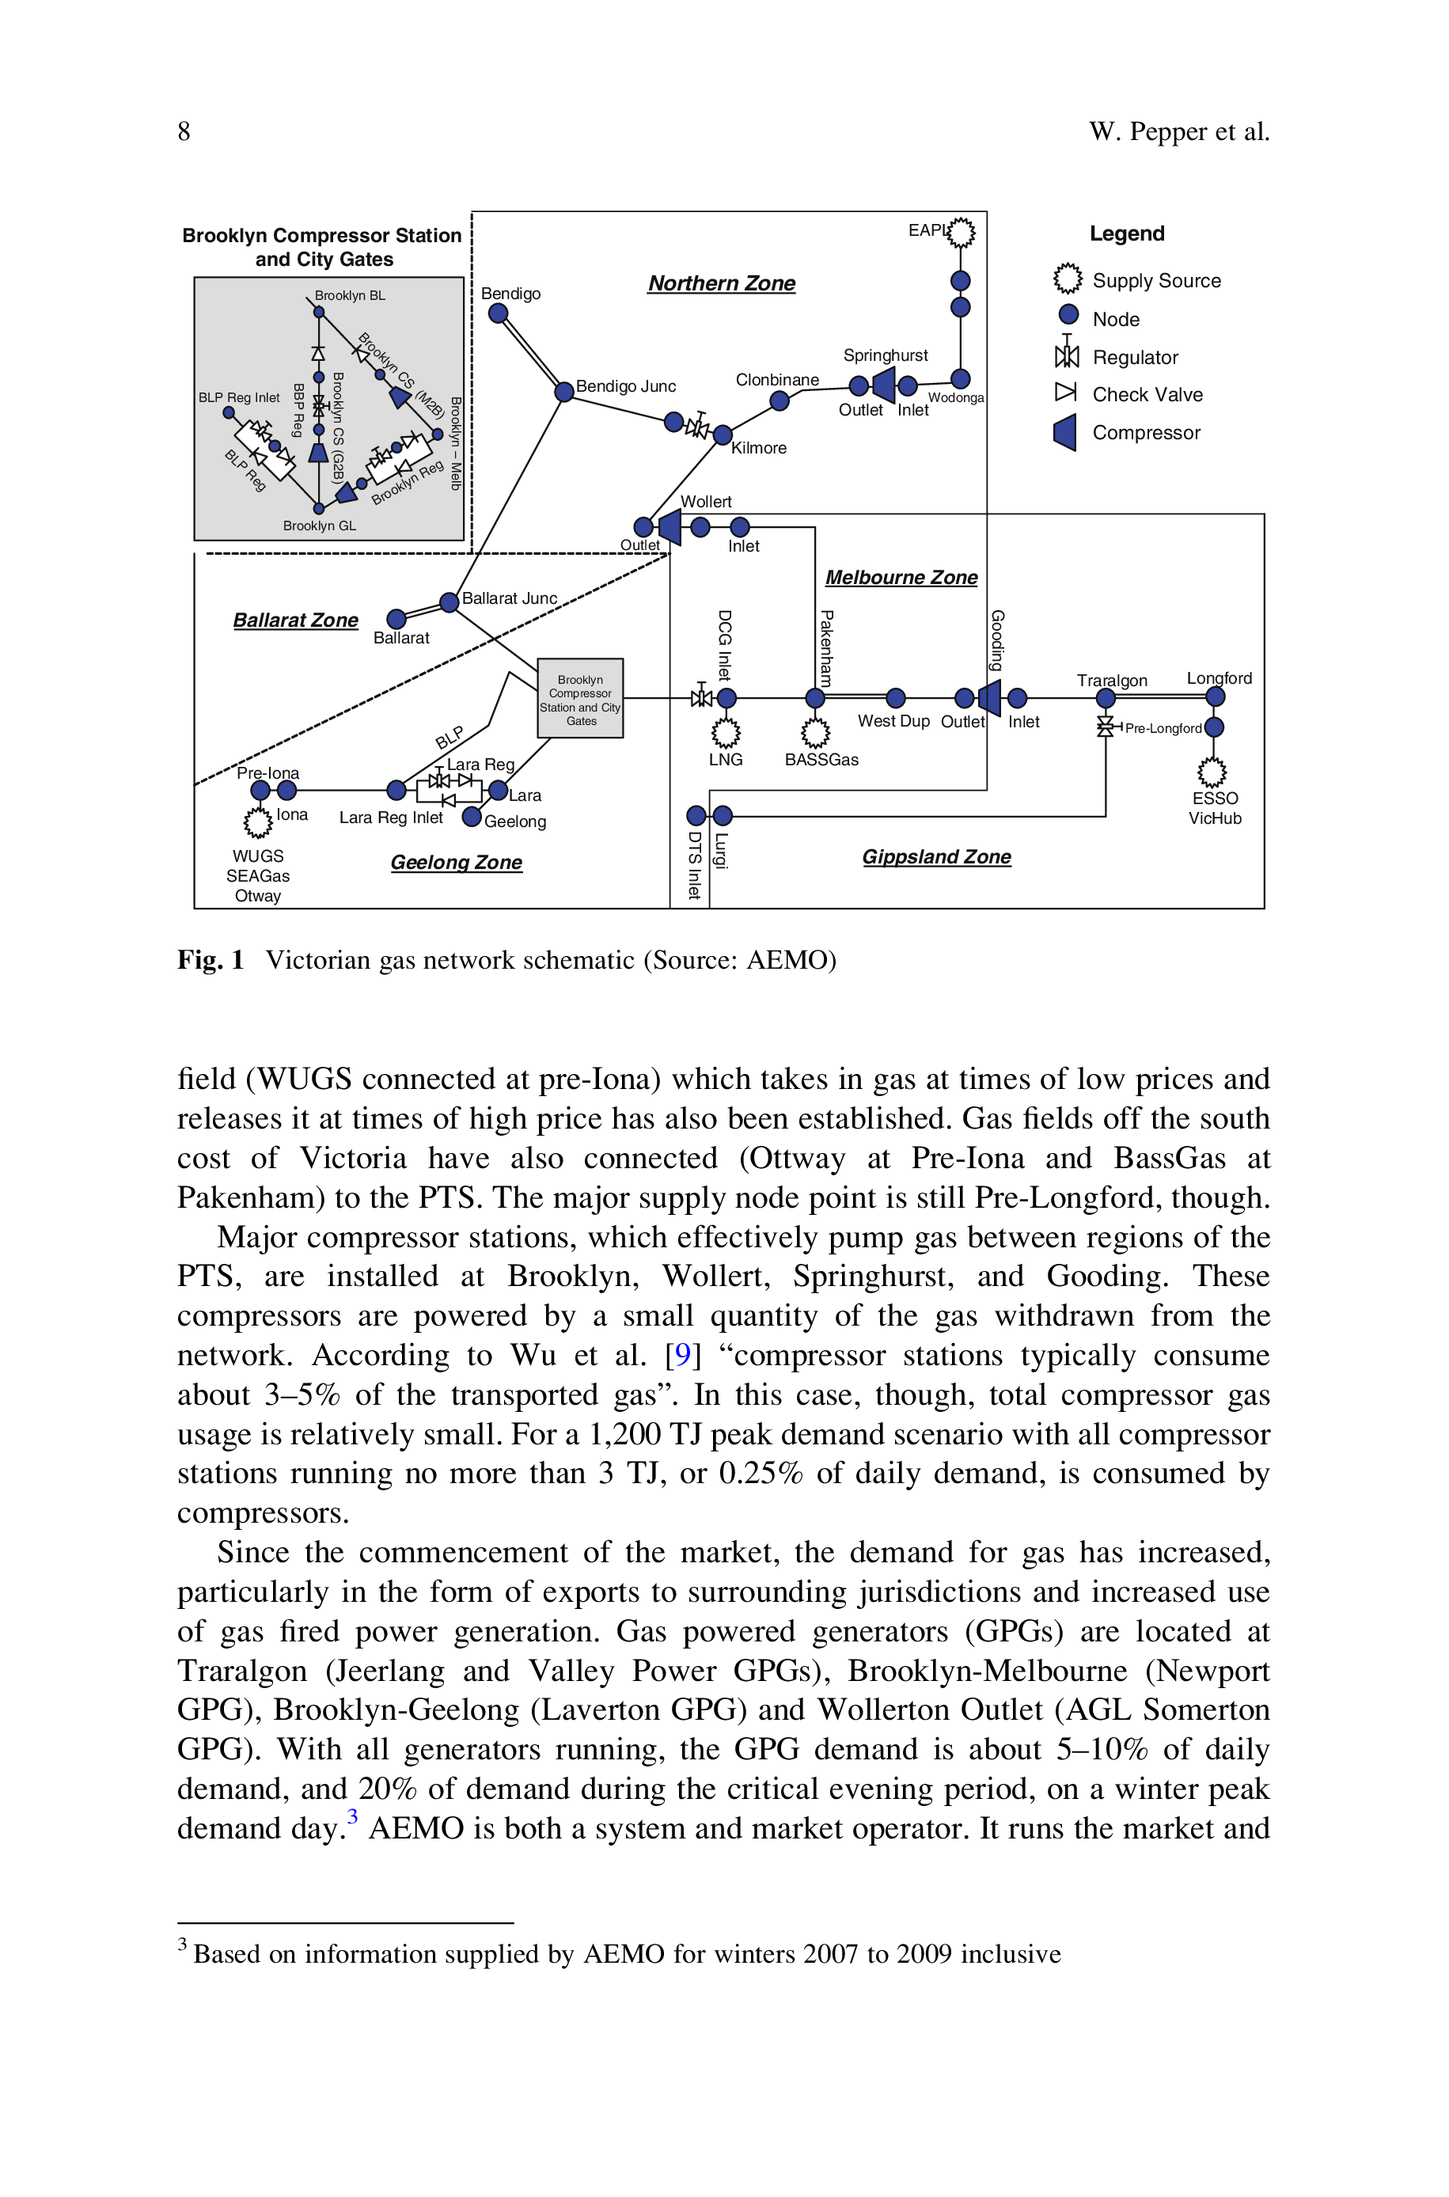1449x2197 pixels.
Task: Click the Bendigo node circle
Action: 498,313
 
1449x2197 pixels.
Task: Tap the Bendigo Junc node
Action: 563,392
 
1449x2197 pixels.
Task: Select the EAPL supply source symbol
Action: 961,232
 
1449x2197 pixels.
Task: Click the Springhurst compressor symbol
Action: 883,385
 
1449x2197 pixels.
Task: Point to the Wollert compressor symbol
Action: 669,526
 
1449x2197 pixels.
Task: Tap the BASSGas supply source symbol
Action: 815,734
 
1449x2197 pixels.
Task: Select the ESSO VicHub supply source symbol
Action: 1212,772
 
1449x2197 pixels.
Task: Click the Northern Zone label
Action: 722,283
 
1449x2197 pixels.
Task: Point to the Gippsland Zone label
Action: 936,857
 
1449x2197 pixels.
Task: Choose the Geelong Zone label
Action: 457,863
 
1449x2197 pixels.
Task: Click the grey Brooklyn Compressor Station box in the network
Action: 580,699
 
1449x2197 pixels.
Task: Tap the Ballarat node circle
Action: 396,619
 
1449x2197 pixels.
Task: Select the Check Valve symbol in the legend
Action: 1067,393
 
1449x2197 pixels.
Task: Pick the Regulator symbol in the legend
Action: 1068,353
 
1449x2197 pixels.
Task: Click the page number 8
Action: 184,131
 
